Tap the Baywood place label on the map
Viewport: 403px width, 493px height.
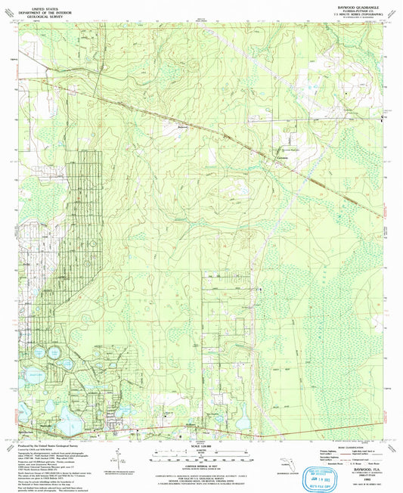coord(181,126)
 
